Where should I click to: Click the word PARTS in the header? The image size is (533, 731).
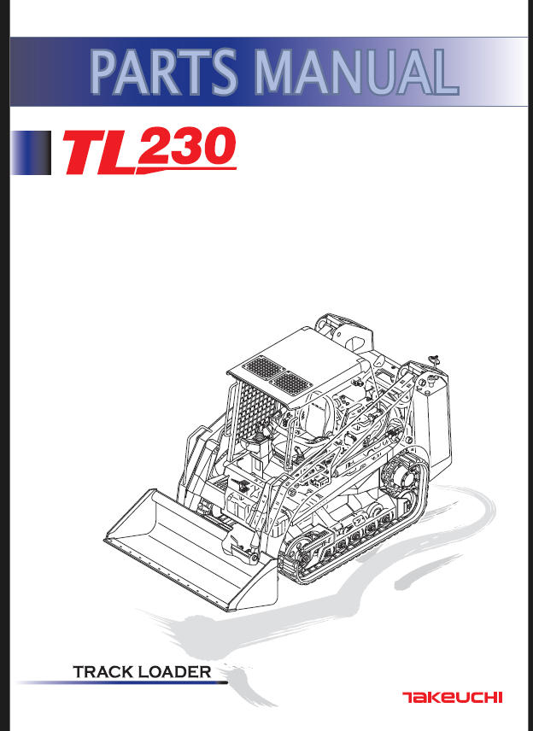point(163,72)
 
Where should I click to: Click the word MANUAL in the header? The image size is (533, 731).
point(351,72)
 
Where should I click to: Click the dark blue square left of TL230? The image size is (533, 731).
point(32,153)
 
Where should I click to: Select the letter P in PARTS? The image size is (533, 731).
point(106,72)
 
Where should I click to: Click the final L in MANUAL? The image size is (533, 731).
point(439,72)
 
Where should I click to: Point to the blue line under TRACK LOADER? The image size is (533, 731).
point(120,683)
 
